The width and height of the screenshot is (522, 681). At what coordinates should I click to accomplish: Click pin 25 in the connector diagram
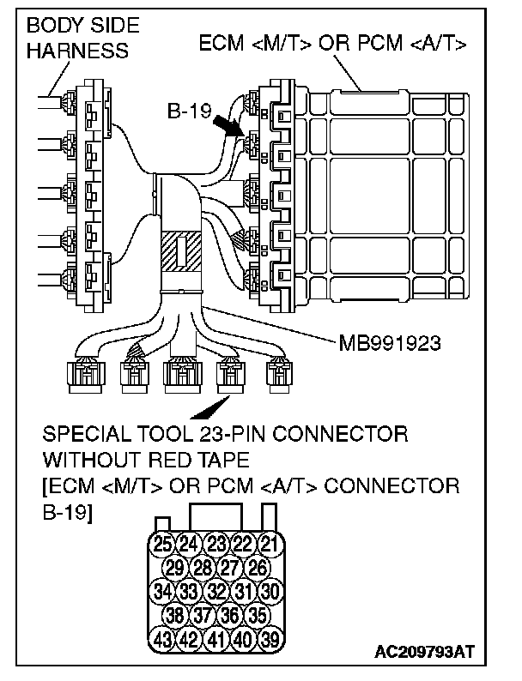point(162,542)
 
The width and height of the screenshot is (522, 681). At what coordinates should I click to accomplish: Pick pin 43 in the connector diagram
point(162,638)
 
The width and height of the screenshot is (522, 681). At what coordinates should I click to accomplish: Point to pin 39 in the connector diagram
point(270,638)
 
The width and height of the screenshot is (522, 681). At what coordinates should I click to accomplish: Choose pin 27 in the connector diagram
point(229,566)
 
